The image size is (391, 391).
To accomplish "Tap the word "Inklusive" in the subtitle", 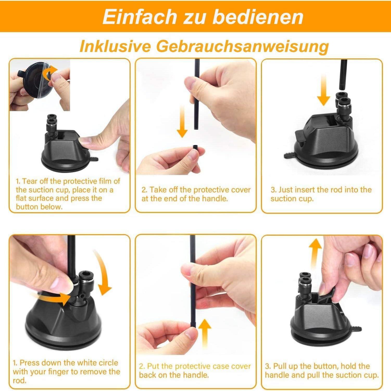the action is coord(115,46).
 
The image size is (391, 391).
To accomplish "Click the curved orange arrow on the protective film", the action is coord(49,73).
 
